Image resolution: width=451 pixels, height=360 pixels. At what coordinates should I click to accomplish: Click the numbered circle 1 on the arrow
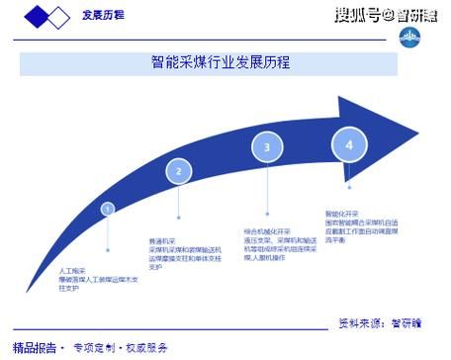pyautogui.click(x=107, y=209)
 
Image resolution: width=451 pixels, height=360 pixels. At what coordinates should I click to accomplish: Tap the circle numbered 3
pyautogui.click(x=265, y=148)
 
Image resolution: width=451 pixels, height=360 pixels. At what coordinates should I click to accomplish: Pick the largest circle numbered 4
pyautogui.click(x=349, y=144)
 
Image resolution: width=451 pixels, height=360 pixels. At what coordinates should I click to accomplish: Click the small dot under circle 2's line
pyautogui.click(x=178, y=218)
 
